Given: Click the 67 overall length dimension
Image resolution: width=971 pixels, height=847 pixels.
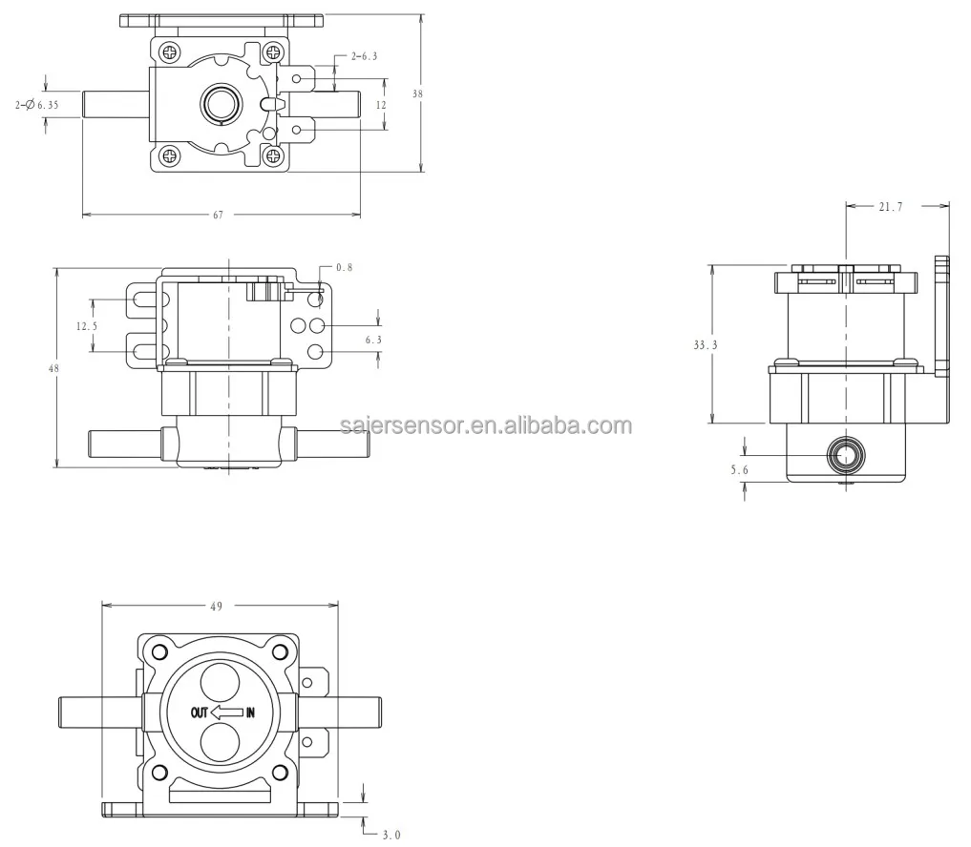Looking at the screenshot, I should (x=218, y=216).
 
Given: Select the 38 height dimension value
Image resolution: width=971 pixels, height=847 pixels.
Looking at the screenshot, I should (x=417, y=93).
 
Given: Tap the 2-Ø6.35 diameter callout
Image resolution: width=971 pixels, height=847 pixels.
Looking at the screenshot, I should (x=36, y=105).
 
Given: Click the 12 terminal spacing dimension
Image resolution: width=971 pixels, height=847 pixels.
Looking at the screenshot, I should (x=381, y=105).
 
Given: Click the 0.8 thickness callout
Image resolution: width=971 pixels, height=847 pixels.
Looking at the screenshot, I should (x=344, y=268).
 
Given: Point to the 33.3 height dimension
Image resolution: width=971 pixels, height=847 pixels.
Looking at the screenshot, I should (x=705, y=344).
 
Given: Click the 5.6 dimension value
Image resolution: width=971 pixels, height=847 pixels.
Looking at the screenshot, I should (x=739, y=469).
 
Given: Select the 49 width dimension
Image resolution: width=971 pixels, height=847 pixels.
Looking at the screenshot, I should (x=219, y=605).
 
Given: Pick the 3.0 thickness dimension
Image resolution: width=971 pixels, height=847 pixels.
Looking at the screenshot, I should (x=391, y=835).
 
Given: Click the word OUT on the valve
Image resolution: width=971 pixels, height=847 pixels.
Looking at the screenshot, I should (x=199, y=712).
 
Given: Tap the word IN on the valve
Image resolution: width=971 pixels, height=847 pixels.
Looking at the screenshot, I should (x=250, y=712).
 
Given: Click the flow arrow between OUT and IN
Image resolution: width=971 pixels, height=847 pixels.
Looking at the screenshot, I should (x=226, y=712).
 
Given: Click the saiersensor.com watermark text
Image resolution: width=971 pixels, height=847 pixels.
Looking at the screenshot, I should (x=485, y=425).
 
